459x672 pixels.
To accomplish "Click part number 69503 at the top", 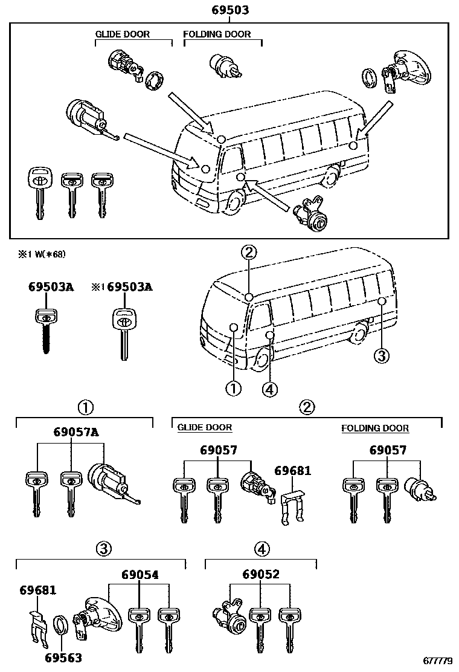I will [230, 10].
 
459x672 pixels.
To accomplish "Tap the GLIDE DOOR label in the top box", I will [123, 34].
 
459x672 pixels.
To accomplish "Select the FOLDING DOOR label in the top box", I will [217, 34].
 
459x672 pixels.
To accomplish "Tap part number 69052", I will [261, 575].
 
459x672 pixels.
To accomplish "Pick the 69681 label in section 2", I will [293, 470].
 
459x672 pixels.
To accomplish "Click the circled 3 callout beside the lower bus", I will [380, 357].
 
